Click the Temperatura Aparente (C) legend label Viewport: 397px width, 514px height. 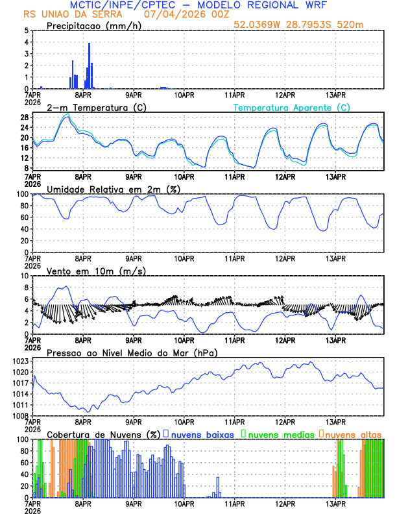click(291, 107)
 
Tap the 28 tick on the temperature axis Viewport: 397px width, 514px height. click(25, 117)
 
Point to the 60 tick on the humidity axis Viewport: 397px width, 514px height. click(25, 217)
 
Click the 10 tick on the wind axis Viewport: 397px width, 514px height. click(25, 276)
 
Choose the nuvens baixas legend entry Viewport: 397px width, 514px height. click(202, 434)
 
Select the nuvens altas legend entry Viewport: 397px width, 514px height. click(354, 434)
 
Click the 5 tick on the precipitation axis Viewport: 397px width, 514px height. click(26, 31)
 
